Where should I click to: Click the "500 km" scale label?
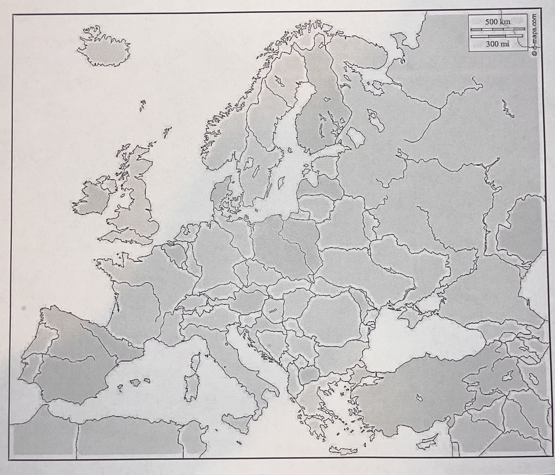click(x=498, y=22)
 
